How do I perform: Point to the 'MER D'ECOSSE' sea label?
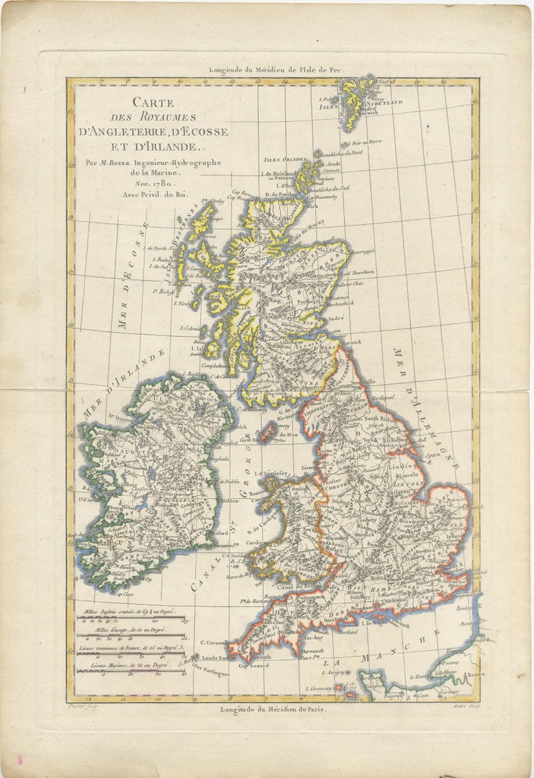point(133,274)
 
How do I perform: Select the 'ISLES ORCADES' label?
point(283,159)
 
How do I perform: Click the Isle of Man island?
point(265,434)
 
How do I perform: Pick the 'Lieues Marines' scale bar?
point(132,667)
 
